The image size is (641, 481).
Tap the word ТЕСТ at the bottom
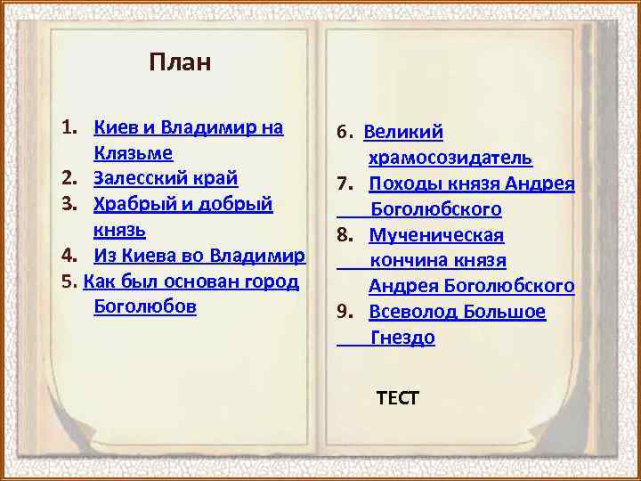click(x=397, y=397)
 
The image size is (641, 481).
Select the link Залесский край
click(x=166, y=178)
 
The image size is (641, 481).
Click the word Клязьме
click(x=133, y=152)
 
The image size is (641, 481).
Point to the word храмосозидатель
click(x=450, y=158)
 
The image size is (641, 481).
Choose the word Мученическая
click(x=436, y=235)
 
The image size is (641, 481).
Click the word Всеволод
click(x=412, y=313)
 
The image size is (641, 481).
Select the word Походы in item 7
click(x=403, y=184)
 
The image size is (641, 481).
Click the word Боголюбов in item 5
click(x=144, y=307)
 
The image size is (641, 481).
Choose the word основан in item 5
click(x=189, y=281)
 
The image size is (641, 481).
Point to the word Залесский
click(x=138, y=178)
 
